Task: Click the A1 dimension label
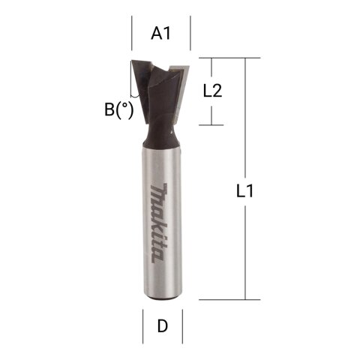point(161,33)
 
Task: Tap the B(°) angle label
point(119,109)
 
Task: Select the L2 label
point(212,91)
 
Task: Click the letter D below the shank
point(162,327)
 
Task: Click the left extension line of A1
point(133,33)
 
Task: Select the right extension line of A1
point(190,33)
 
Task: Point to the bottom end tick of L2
point(212,125)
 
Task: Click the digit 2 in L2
point(218,91)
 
